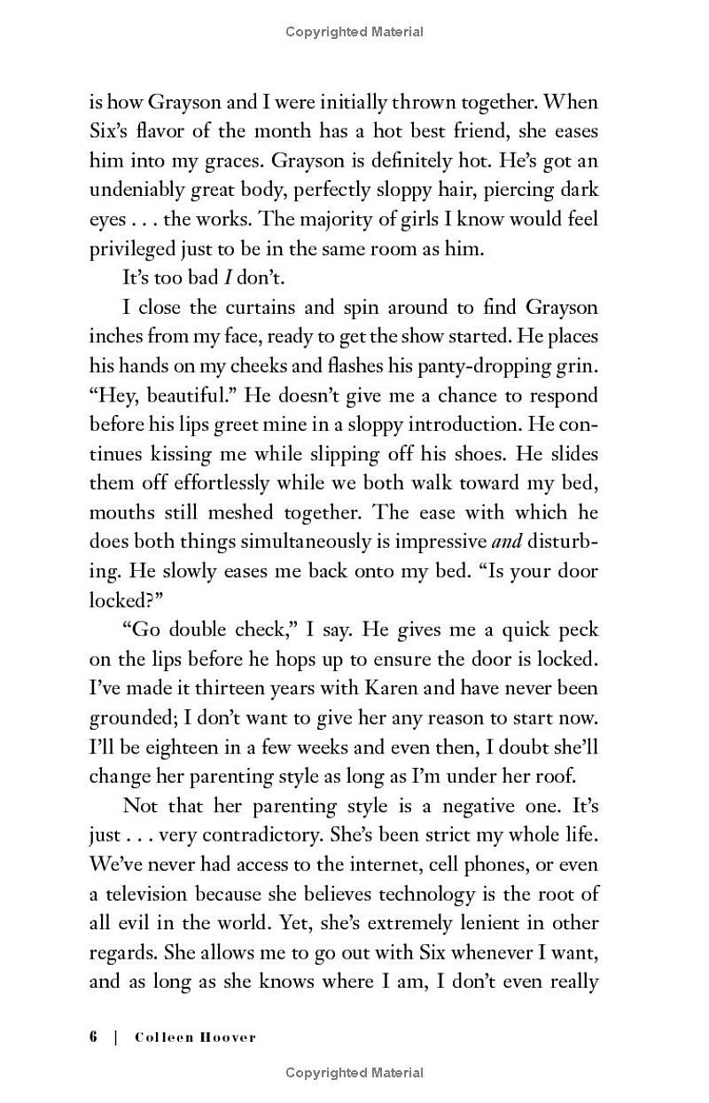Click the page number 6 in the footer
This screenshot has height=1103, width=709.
point(93,1037)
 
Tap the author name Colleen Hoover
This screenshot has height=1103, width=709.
point(195,1037)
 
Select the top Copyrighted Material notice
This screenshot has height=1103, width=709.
point(354,32)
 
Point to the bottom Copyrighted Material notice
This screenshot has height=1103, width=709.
point(354,1073)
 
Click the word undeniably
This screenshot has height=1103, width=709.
point(138,190)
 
